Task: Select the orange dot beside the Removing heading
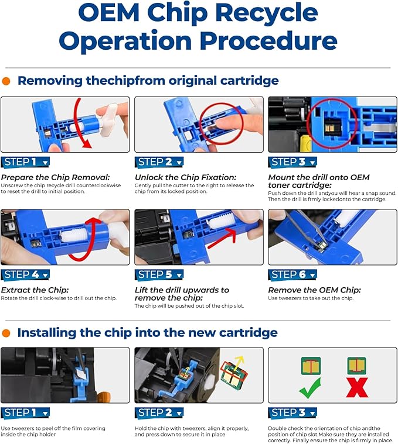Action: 6,81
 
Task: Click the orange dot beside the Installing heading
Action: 6,333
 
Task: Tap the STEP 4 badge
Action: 25,274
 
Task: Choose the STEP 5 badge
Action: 159,274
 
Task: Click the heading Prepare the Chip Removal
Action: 55,177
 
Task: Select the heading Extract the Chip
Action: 34,290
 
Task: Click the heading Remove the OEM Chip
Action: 314,290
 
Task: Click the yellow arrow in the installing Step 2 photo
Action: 237,359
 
